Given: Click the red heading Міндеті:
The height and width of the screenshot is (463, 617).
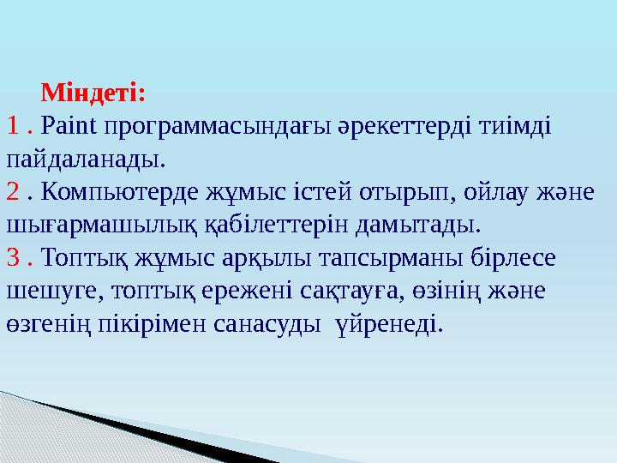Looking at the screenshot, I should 93,91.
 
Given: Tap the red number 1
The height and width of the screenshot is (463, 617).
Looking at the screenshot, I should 13,125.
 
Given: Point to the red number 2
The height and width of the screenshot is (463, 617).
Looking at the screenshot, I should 13,191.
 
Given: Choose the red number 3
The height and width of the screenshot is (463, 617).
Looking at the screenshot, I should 13,257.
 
